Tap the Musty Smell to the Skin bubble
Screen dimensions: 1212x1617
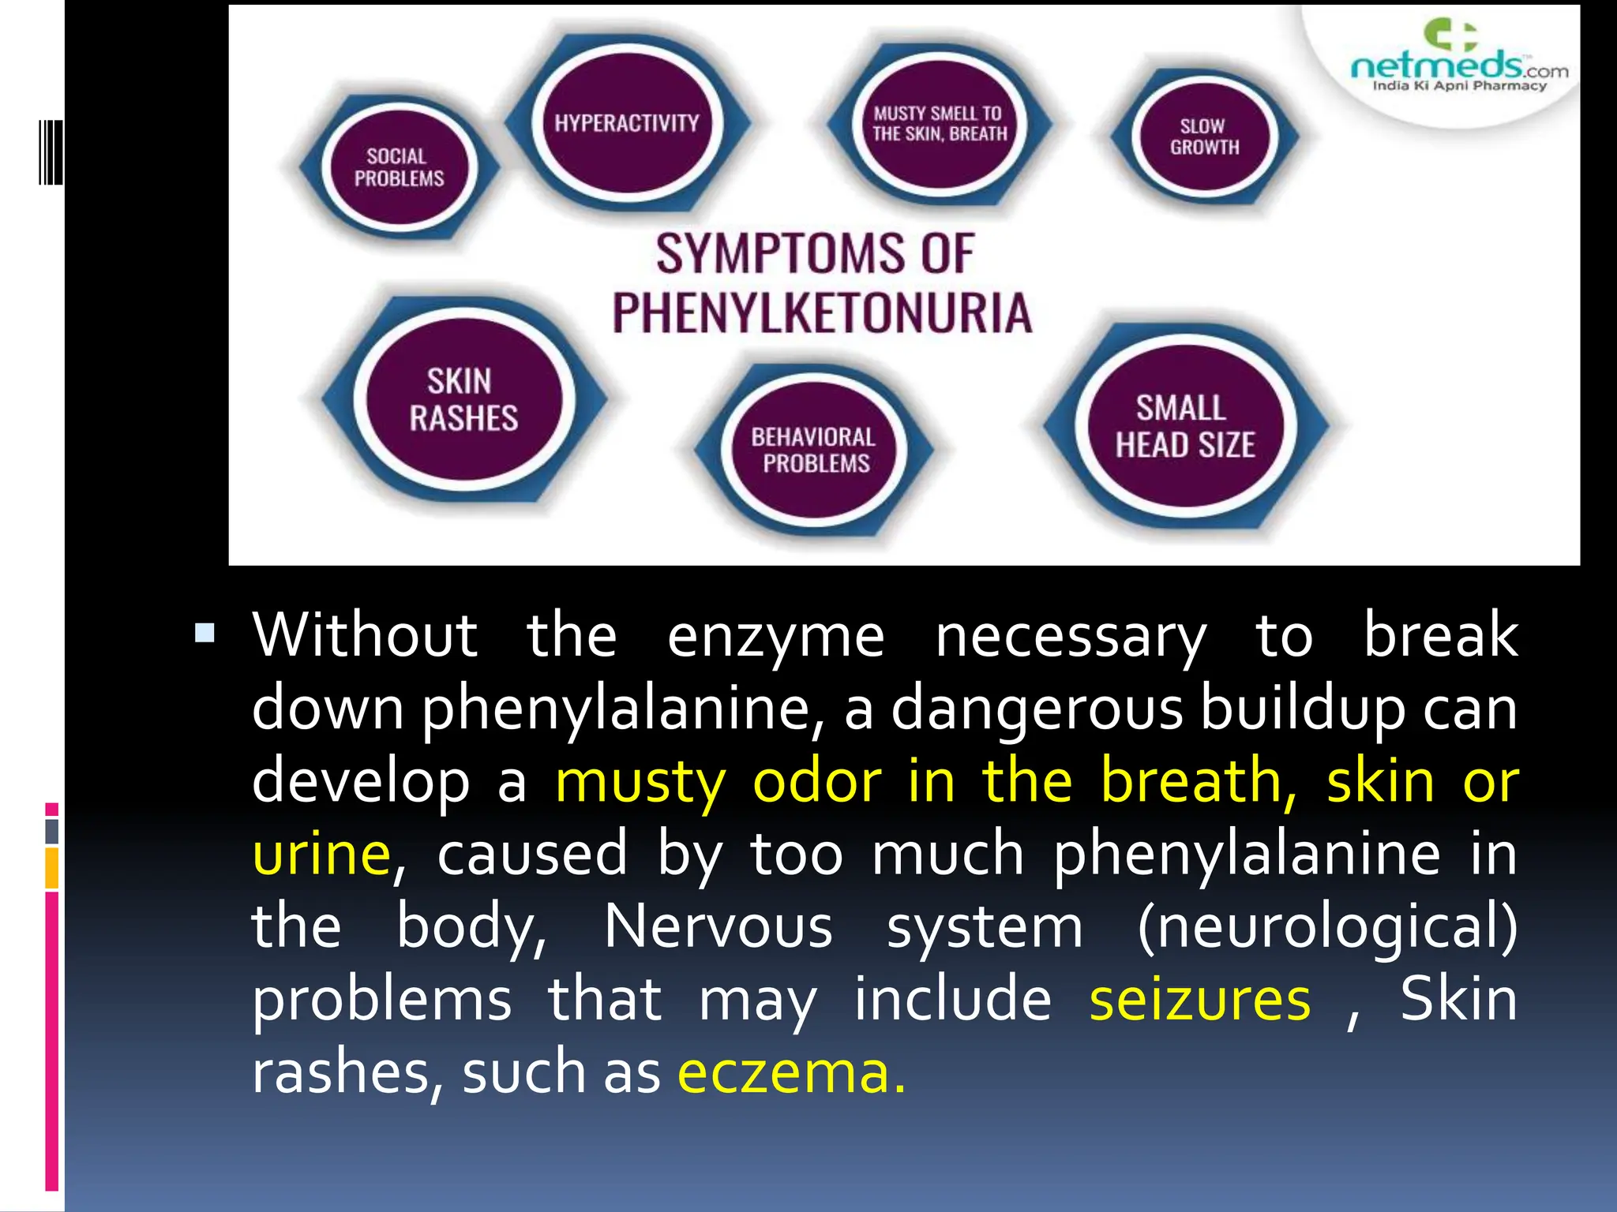[940, 124]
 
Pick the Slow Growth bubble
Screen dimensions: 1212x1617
[1204, 137]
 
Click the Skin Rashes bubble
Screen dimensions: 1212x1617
[463, 400]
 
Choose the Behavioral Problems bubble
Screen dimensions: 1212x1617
[814, 450]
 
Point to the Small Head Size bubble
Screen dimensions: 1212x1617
[1184, 427]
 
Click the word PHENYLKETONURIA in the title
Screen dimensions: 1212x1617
[822, 313]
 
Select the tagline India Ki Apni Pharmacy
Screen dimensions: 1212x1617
[1459, 86]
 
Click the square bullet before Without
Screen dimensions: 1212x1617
[204, 633]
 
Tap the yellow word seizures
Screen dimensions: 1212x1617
[1199, 1000]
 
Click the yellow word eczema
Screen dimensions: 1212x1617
[791, 1073]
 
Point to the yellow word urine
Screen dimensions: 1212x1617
[321, 855]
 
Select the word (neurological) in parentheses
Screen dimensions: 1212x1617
[1326, 927]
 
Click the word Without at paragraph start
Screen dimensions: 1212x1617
[365, 635]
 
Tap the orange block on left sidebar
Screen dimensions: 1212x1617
[52, 867]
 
